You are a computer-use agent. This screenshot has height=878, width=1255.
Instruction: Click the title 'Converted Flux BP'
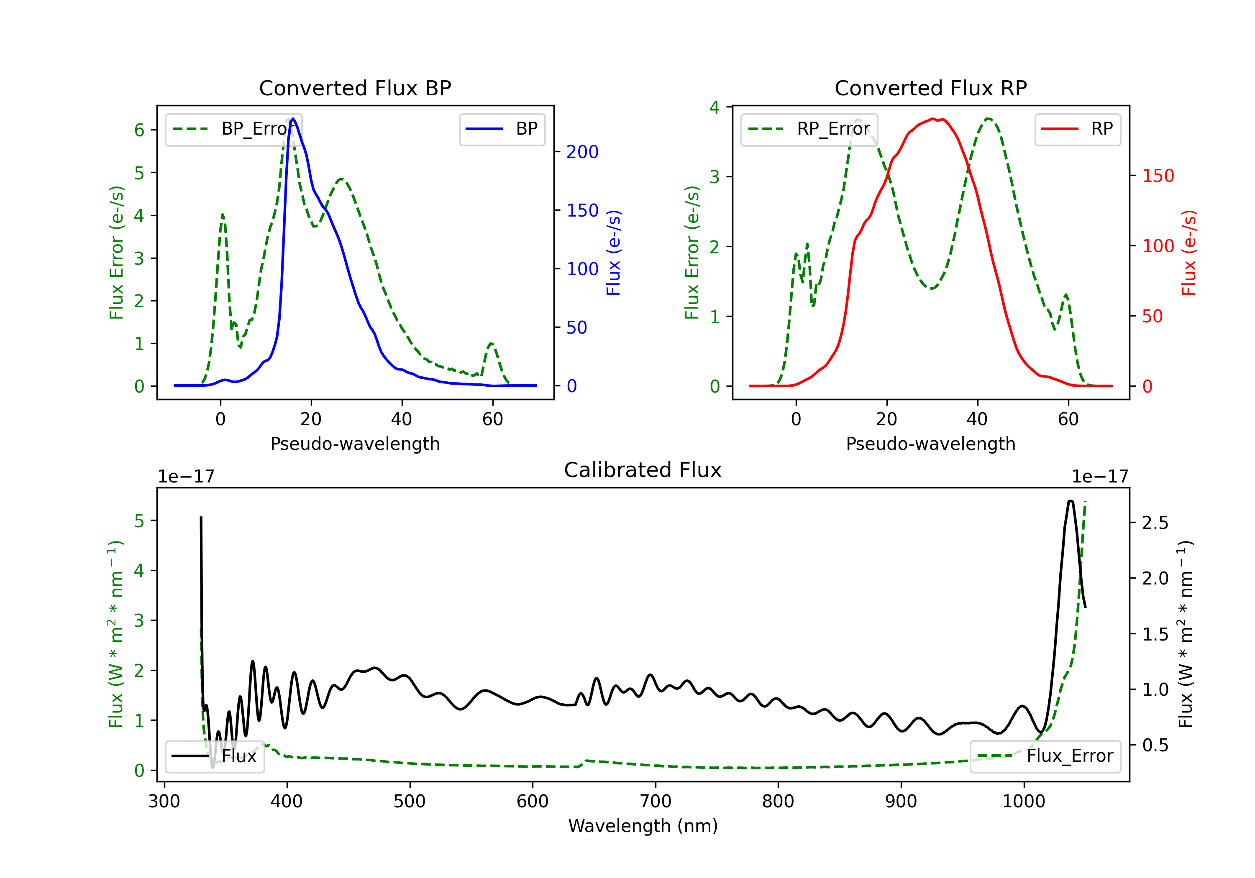coord(355,88)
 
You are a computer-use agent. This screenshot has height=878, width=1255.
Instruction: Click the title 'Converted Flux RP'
coord(931,88)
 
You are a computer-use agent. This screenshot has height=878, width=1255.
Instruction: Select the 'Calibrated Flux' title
coord(643,470)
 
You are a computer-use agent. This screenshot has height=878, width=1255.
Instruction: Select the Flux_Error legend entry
coord(1045,756)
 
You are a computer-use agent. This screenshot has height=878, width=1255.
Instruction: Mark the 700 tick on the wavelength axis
coord(656,801)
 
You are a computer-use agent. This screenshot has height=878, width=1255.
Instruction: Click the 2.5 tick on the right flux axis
coord(1155,523)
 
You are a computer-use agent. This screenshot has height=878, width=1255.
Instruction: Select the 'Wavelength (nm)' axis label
coord(643,826)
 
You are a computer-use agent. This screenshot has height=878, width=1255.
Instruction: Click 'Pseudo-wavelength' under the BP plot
coord(355,444)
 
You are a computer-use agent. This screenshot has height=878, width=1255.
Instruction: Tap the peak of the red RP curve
coord(933,119)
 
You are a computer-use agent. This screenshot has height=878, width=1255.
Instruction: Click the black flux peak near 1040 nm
coord(1070,501)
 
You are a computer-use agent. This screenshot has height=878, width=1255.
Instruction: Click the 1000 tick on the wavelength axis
coord(1024,801)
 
